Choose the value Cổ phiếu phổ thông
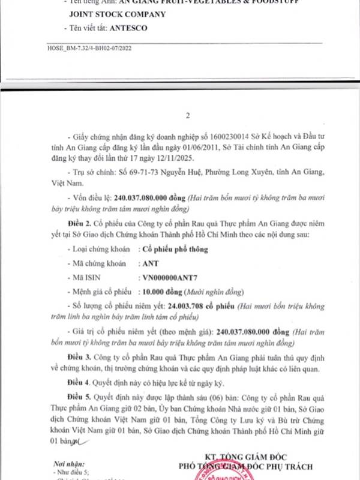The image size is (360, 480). [x=175, y=250]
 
